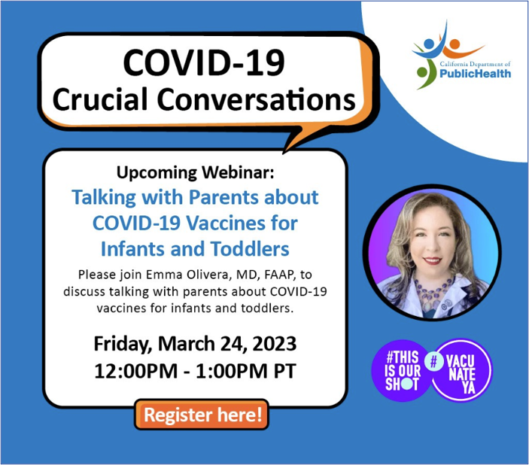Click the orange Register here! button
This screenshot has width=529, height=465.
202,415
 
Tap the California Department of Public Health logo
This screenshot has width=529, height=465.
461,56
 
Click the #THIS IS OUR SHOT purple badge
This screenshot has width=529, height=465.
402,370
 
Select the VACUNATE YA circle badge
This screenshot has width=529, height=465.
461,370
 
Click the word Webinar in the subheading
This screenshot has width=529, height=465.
239,172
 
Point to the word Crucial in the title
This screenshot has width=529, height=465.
100,99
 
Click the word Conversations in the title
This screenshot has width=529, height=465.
257,99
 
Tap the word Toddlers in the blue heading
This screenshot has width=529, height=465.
250,249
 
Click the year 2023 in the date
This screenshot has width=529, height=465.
275,344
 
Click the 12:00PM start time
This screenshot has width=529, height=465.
136,371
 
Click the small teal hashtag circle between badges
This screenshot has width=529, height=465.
434,362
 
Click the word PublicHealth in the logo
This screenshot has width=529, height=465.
475,74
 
